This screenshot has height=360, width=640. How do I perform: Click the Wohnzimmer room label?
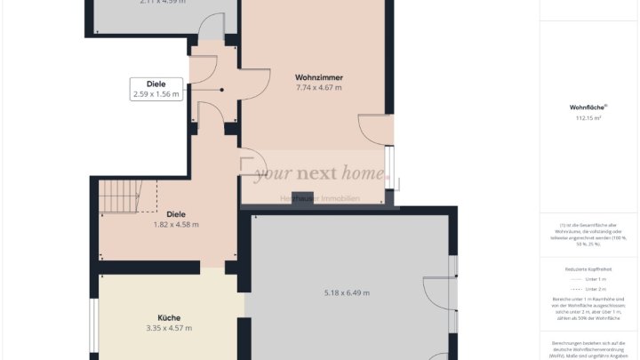318,77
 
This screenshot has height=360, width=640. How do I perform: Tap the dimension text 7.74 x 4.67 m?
318,88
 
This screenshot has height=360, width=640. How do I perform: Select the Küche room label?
169,317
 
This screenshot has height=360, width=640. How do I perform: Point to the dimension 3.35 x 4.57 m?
169,328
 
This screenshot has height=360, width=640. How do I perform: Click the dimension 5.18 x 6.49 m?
347,292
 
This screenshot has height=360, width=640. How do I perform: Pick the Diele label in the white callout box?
156,84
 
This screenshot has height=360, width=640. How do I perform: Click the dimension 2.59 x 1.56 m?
156,93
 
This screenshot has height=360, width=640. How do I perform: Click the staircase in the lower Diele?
119,196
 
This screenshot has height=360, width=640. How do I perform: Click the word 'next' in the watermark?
321,174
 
